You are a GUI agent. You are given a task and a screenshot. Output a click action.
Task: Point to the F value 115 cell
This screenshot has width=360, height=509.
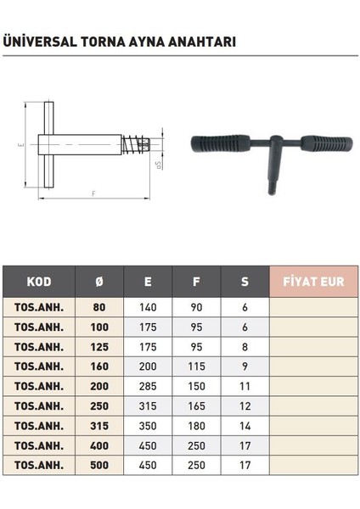coord(196,366)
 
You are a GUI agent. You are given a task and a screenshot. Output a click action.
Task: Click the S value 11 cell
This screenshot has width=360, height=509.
coord(245,386)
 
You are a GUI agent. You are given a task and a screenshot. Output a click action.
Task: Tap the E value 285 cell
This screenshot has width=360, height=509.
coord(149,386)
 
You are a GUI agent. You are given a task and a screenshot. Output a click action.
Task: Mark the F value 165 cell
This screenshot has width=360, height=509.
coord(196,406)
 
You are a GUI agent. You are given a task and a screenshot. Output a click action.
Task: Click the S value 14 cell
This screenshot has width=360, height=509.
coord(245,425)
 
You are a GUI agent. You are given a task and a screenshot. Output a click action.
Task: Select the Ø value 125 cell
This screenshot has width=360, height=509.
coord(100,347)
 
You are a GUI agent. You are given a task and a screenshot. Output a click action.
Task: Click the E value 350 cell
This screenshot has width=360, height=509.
coord(149,425)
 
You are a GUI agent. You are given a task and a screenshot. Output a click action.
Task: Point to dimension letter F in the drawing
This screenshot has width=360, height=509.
coord(92,194)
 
